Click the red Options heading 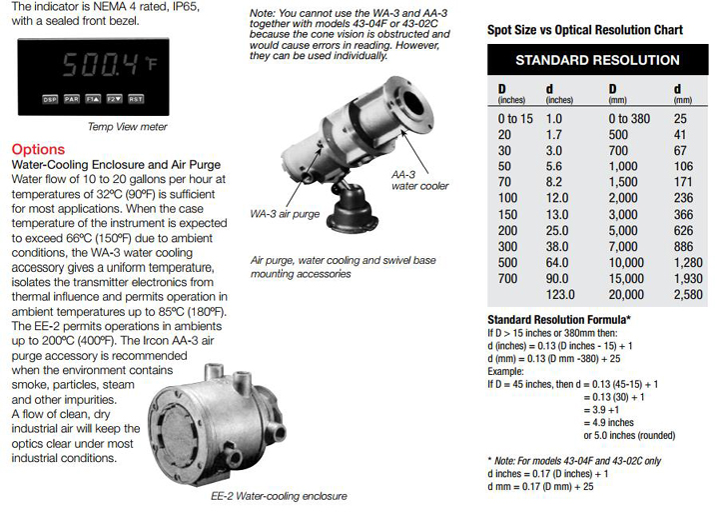(x=37, y=149)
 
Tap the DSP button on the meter (x=50, y=100)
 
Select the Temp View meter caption (x=127, y=126)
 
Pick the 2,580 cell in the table (x=688, y=295)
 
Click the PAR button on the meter (x=71, y=100)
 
